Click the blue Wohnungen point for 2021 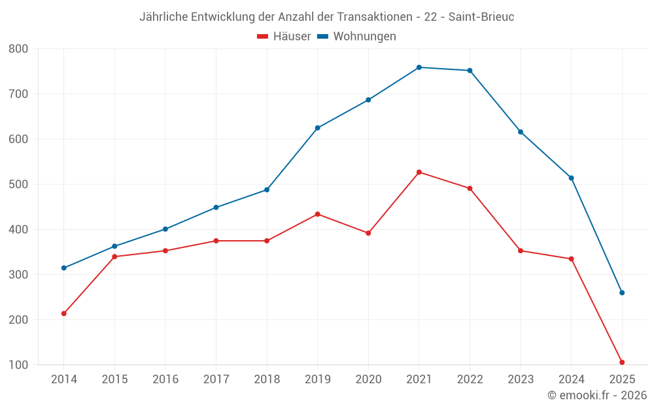(419, 67)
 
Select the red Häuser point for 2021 (419, 172)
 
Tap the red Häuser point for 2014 (63, 313)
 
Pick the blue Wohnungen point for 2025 (622, 293)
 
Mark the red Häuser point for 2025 (622, 362)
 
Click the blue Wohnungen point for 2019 (318, 128)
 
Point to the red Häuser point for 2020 (368, 233)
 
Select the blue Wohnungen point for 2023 (521, 132)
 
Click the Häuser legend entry (284, 37)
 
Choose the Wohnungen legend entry (357, 37)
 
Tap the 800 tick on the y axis (19, 49)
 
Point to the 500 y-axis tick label (19, 185)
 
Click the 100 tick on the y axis (19, 365)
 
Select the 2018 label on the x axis (267, 380)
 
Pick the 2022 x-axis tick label (470, 380)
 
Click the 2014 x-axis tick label (63, 380)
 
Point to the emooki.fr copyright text (597, 395)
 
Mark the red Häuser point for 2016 (165, 251)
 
